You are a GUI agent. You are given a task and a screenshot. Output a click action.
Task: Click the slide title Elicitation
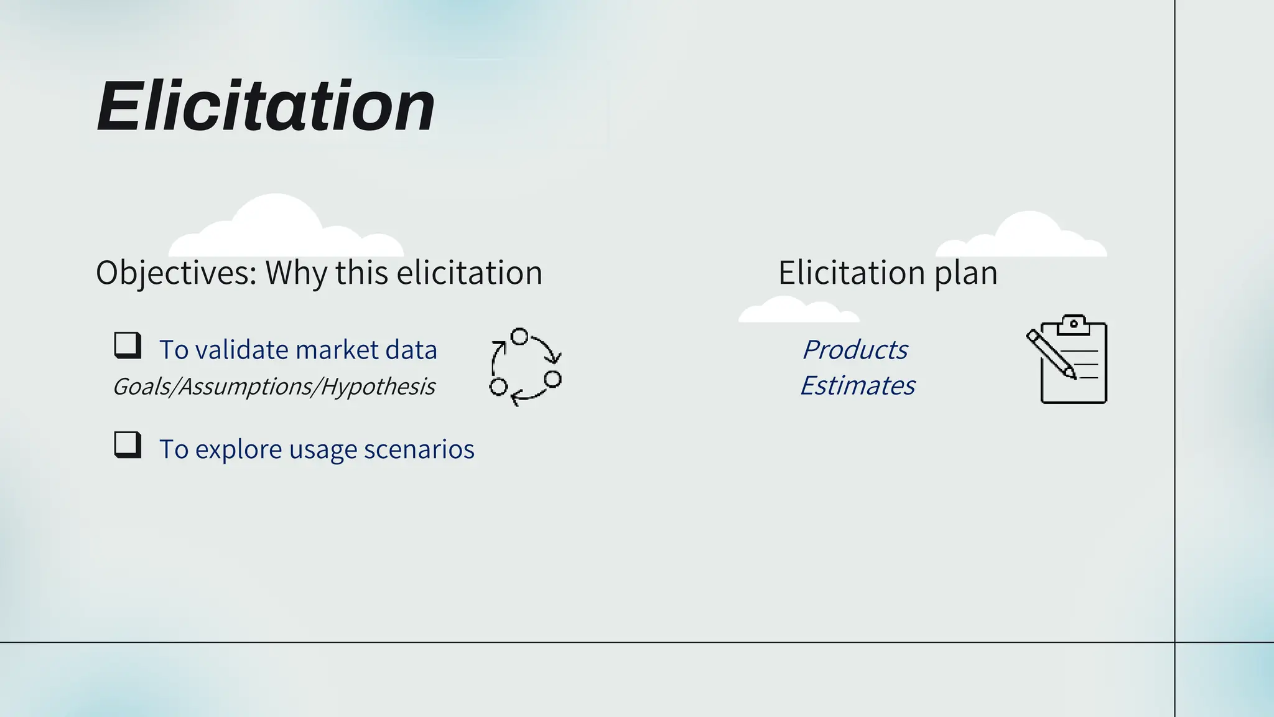coord(266,106)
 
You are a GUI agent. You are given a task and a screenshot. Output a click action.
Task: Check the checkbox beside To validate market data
coord(128,345)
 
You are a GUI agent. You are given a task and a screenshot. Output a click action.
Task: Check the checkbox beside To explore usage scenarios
coord(128,444)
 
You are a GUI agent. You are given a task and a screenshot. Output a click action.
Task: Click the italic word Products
coord(855,350)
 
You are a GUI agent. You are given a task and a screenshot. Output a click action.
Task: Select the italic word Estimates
coord(857,386)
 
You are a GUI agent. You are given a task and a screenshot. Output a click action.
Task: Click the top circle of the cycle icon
coord(519,337)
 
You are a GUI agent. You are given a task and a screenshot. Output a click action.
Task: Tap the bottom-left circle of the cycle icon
coord(498,387)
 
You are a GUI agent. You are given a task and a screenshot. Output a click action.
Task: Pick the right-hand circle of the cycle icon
coord(552,379)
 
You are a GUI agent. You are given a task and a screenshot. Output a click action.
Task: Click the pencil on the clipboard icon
coord(1051,354)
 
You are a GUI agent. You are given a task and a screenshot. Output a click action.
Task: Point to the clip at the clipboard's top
coord(1074,324)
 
